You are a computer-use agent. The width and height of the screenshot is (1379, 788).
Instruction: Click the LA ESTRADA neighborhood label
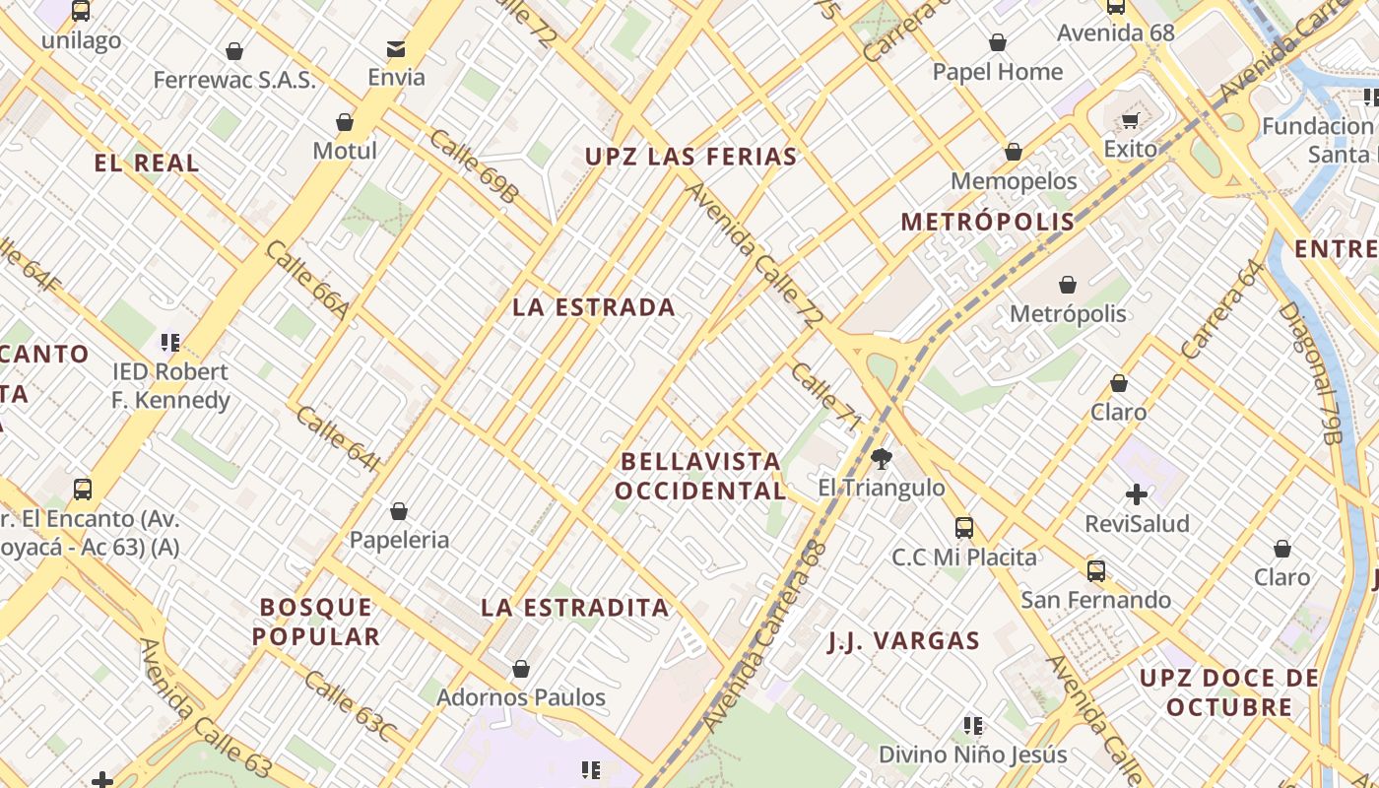[x=594, y=307]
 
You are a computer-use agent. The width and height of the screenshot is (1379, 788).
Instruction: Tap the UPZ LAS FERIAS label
[x=690, y=157]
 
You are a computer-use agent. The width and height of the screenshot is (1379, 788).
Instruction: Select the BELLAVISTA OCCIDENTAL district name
[x=700, y=476]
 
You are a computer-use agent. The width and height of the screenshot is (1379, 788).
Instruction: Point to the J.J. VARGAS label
[x=903, y=642]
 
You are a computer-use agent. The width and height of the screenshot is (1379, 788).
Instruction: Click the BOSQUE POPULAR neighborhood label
[x=316, y=622]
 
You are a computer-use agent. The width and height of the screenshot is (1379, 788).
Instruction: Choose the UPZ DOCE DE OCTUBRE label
[x=1228, y=692]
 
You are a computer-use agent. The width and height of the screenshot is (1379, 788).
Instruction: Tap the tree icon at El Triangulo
[x=882, y=458]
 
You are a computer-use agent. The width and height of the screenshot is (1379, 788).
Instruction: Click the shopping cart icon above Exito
[x=1130, y=120]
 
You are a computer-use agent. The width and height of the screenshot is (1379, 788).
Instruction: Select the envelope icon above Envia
[x=396, y=48]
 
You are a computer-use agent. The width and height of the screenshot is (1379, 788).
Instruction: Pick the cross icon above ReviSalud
[x=1137, y=494]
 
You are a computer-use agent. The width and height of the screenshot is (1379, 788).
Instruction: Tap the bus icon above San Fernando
[x=1095, y=570]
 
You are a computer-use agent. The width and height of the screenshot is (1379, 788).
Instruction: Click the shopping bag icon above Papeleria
[x=399, y=511]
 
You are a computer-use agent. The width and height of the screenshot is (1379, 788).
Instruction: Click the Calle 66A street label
[x=306, y=282]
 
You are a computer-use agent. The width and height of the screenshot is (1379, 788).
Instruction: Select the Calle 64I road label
[x=337, y=438]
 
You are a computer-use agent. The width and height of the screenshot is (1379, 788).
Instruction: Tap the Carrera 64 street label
[x=1220, y=308]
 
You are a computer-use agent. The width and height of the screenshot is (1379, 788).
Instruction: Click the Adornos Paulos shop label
[x=521, y=697]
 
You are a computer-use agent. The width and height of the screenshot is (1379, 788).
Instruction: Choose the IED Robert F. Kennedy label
[x=170, y=385]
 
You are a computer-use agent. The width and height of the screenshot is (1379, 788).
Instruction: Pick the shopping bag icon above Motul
[x=345, y=122]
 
